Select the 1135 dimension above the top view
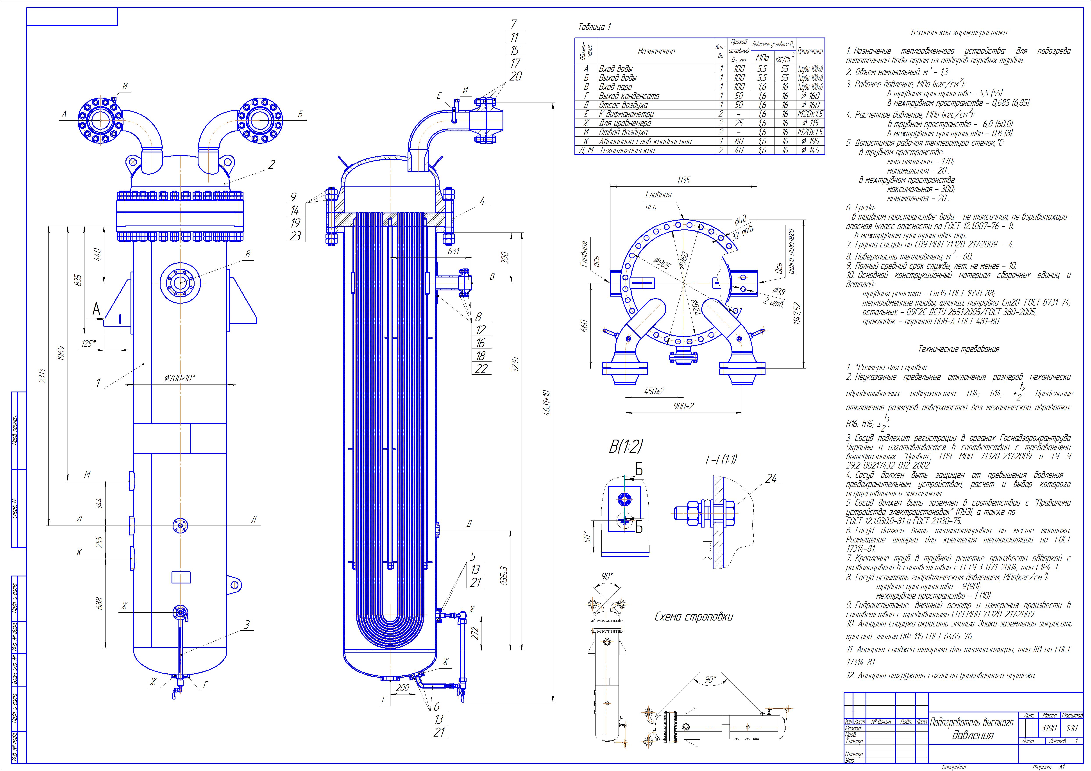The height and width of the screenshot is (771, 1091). pos(683,180)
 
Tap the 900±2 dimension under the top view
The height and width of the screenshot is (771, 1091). pos(683,406)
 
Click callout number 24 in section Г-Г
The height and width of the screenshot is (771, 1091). pos(771,479)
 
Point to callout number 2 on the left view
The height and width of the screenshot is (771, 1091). pos(271,165)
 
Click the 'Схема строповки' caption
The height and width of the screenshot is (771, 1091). pos(693,617)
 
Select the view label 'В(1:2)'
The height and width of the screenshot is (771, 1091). pos(626,447)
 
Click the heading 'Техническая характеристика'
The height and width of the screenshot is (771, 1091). pos(959,33)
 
